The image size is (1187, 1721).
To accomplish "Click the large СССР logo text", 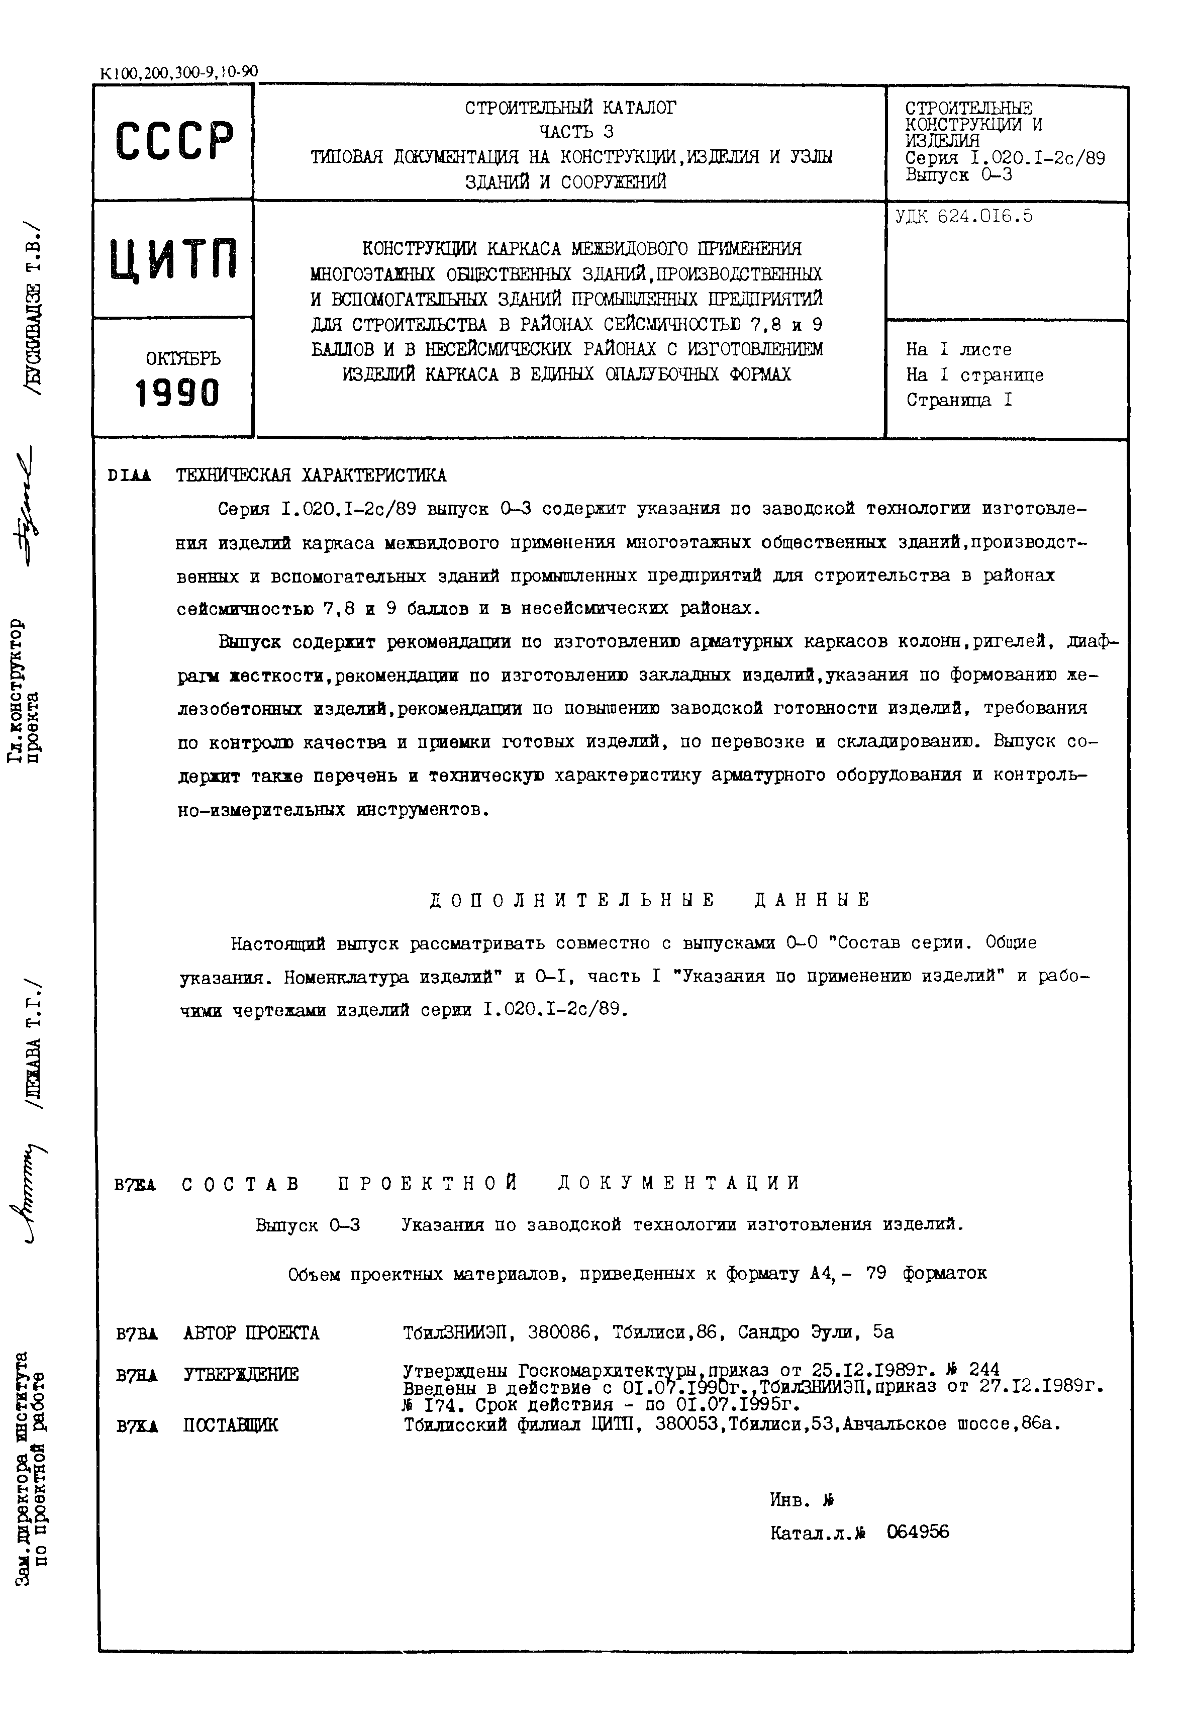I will click(175, 141).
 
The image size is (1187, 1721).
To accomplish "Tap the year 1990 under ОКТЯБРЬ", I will click(178, 393).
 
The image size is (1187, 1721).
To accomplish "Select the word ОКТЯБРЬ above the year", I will click(183, 358).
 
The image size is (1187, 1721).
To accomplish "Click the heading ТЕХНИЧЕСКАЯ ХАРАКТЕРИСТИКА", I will click(311, 475).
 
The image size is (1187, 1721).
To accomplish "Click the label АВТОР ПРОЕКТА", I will click(251, 1333).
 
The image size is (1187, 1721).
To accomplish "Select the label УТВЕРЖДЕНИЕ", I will click(241, 1374).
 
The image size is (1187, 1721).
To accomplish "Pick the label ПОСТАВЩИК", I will click(231, 1425).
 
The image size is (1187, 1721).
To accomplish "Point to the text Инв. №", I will click(797, 1500).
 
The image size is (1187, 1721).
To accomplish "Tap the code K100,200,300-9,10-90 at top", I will click(178, 73).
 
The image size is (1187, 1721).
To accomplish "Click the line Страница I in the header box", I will click(959, 400).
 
